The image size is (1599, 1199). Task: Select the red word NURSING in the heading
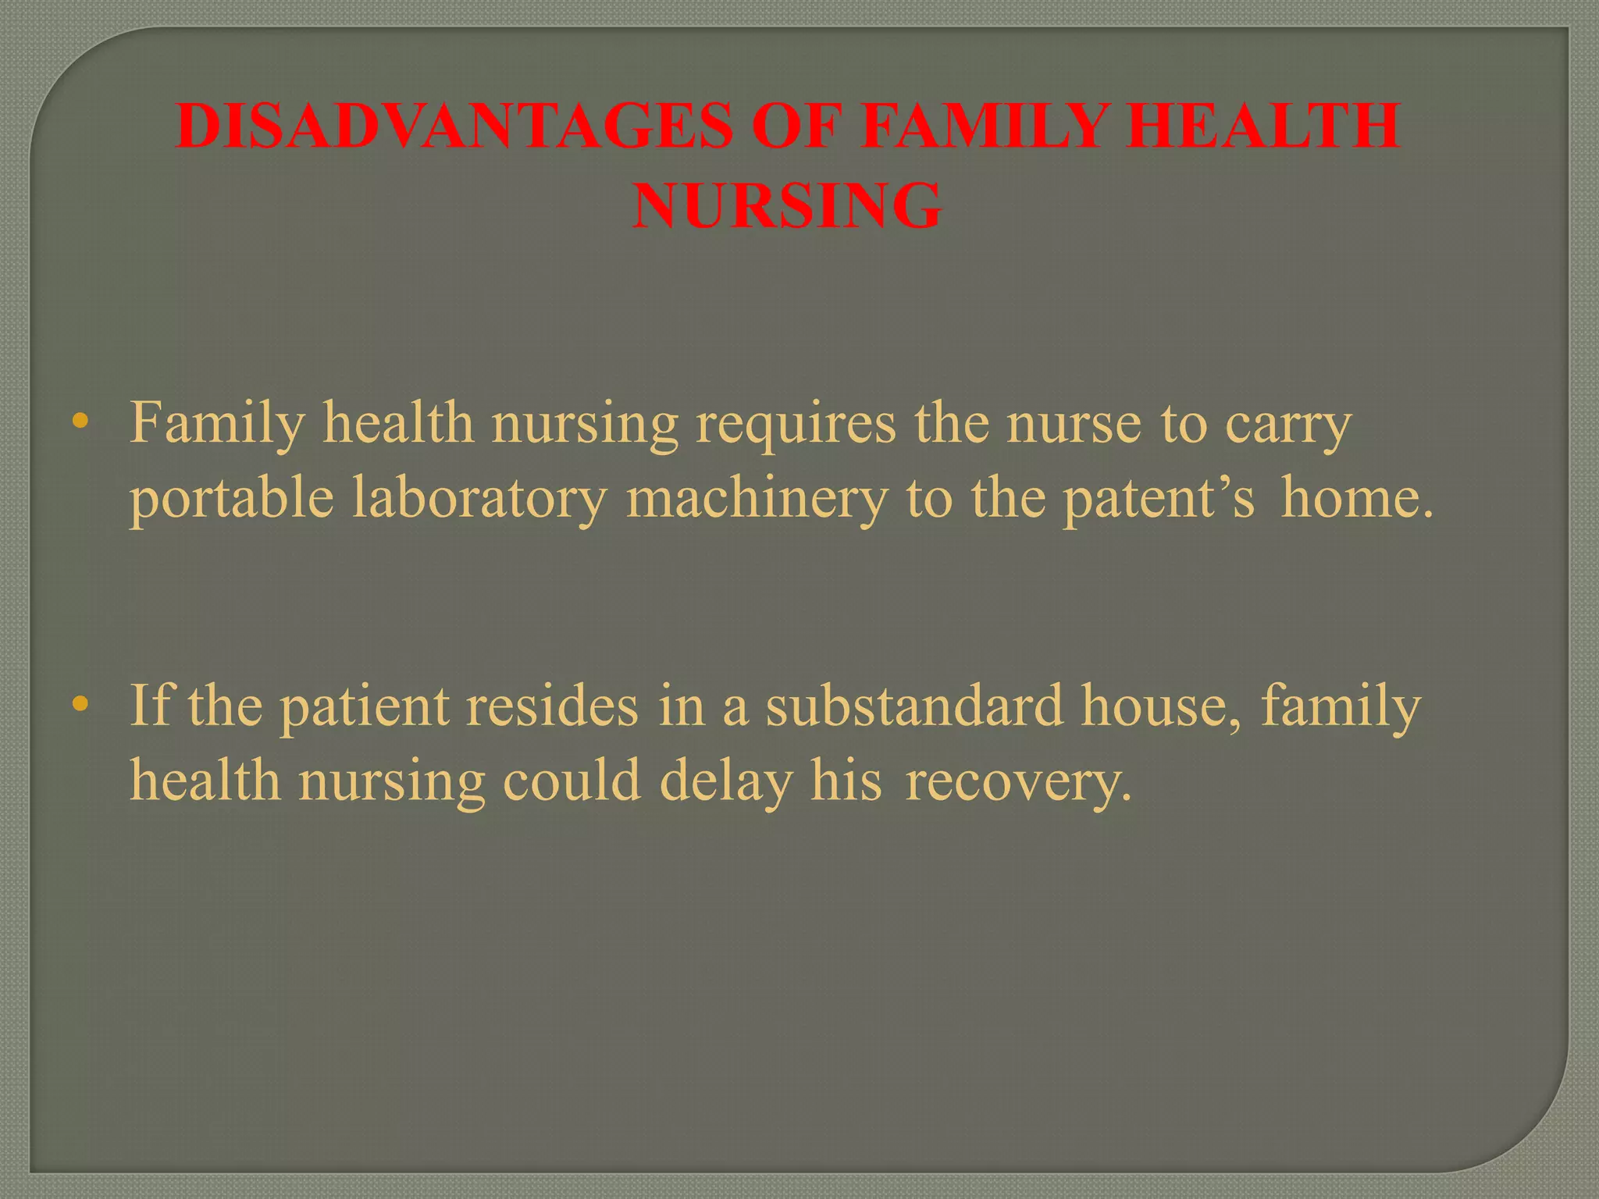point(787,206)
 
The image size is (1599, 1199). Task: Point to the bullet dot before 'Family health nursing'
point(78,422)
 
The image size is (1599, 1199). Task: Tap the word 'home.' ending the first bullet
point(1359,498)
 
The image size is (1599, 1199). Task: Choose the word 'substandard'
point(913,705)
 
